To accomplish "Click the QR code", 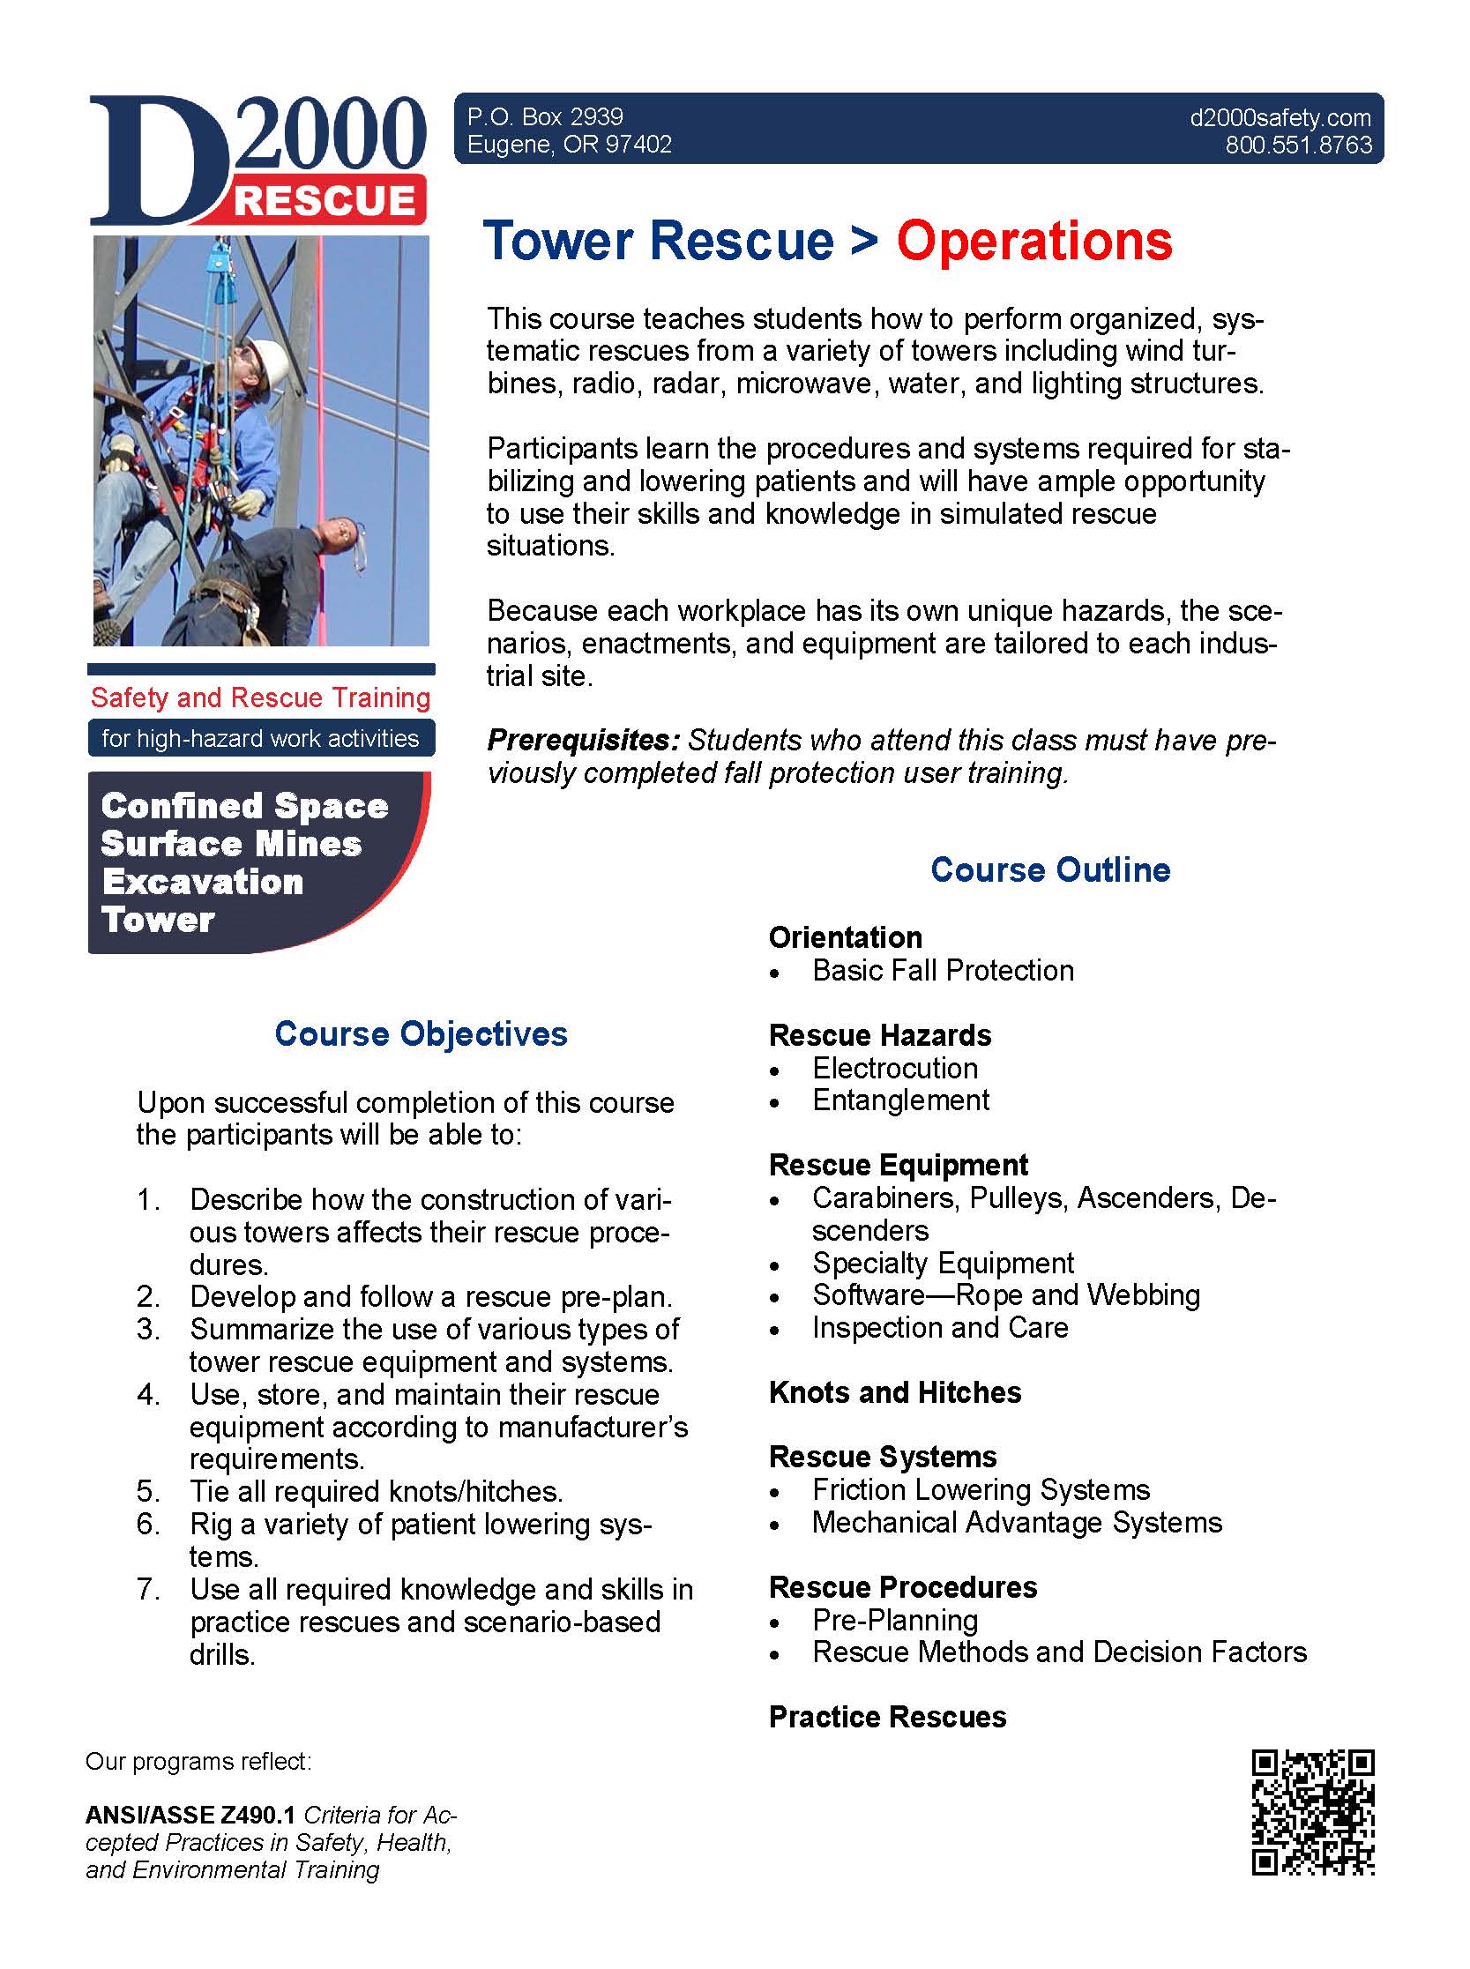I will pos(1312,1812).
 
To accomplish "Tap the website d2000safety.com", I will pos(1280,117).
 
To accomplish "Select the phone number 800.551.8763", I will pos(1298,145).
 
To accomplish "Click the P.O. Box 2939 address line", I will pos(545,116).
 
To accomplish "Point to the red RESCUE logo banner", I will pos(325,201).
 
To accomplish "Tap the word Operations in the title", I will pos(1034,241).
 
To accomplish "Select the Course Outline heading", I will pos(1050,869).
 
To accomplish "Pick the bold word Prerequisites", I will pos(583,740).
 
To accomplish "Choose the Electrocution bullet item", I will pos(894,1068).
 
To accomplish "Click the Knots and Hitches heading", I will pos(894,1391).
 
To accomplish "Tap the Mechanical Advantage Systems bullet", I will pos(1016,1522).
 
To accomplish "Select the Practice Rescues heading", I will pos(887,1716).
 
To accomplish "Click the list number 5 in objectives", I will pos(148,1491).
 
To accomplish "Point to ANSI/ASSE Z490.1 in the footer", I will pos(190,1814).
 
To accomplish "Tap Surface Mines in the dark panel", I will pos(231,844).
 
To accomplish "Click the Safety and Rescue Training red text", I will pos(261,697).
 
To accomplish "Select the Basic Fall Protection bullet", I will pos(943,970).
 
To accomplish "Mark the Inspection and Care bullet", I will pos(940,1327).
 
